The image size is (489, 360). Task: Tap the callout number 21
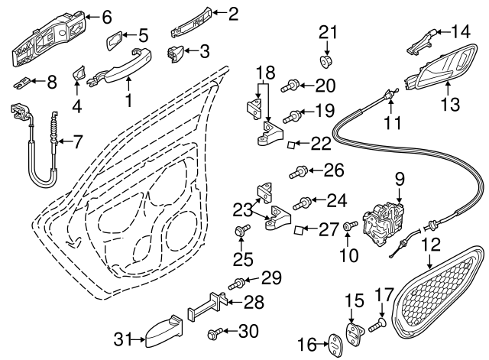(x=327, y=32)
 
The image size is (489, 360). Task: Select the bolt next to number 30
(x=215, y=333)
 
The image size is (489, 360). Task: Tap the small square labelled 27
(x=300, y=230)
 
